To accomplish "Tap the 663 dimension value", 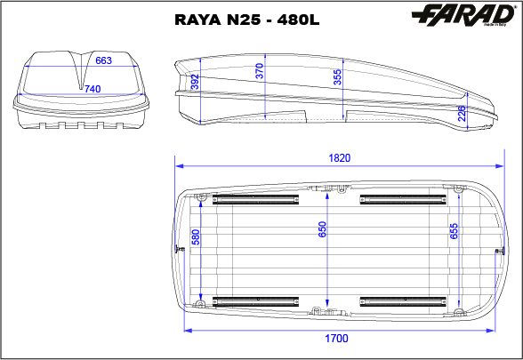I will (103, 60).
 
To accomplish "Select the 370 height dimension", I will (260, 72).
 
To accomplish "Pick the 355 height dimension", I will (337, 77).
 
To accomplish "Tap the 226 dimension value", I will (463, 115).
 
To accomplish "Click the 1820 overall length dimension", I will (339, 158).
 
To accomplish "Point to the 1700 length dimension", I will (337, 339).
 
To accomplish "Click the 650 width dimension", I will (324, 230).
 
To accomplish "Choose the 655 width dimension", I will (454, 231).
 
